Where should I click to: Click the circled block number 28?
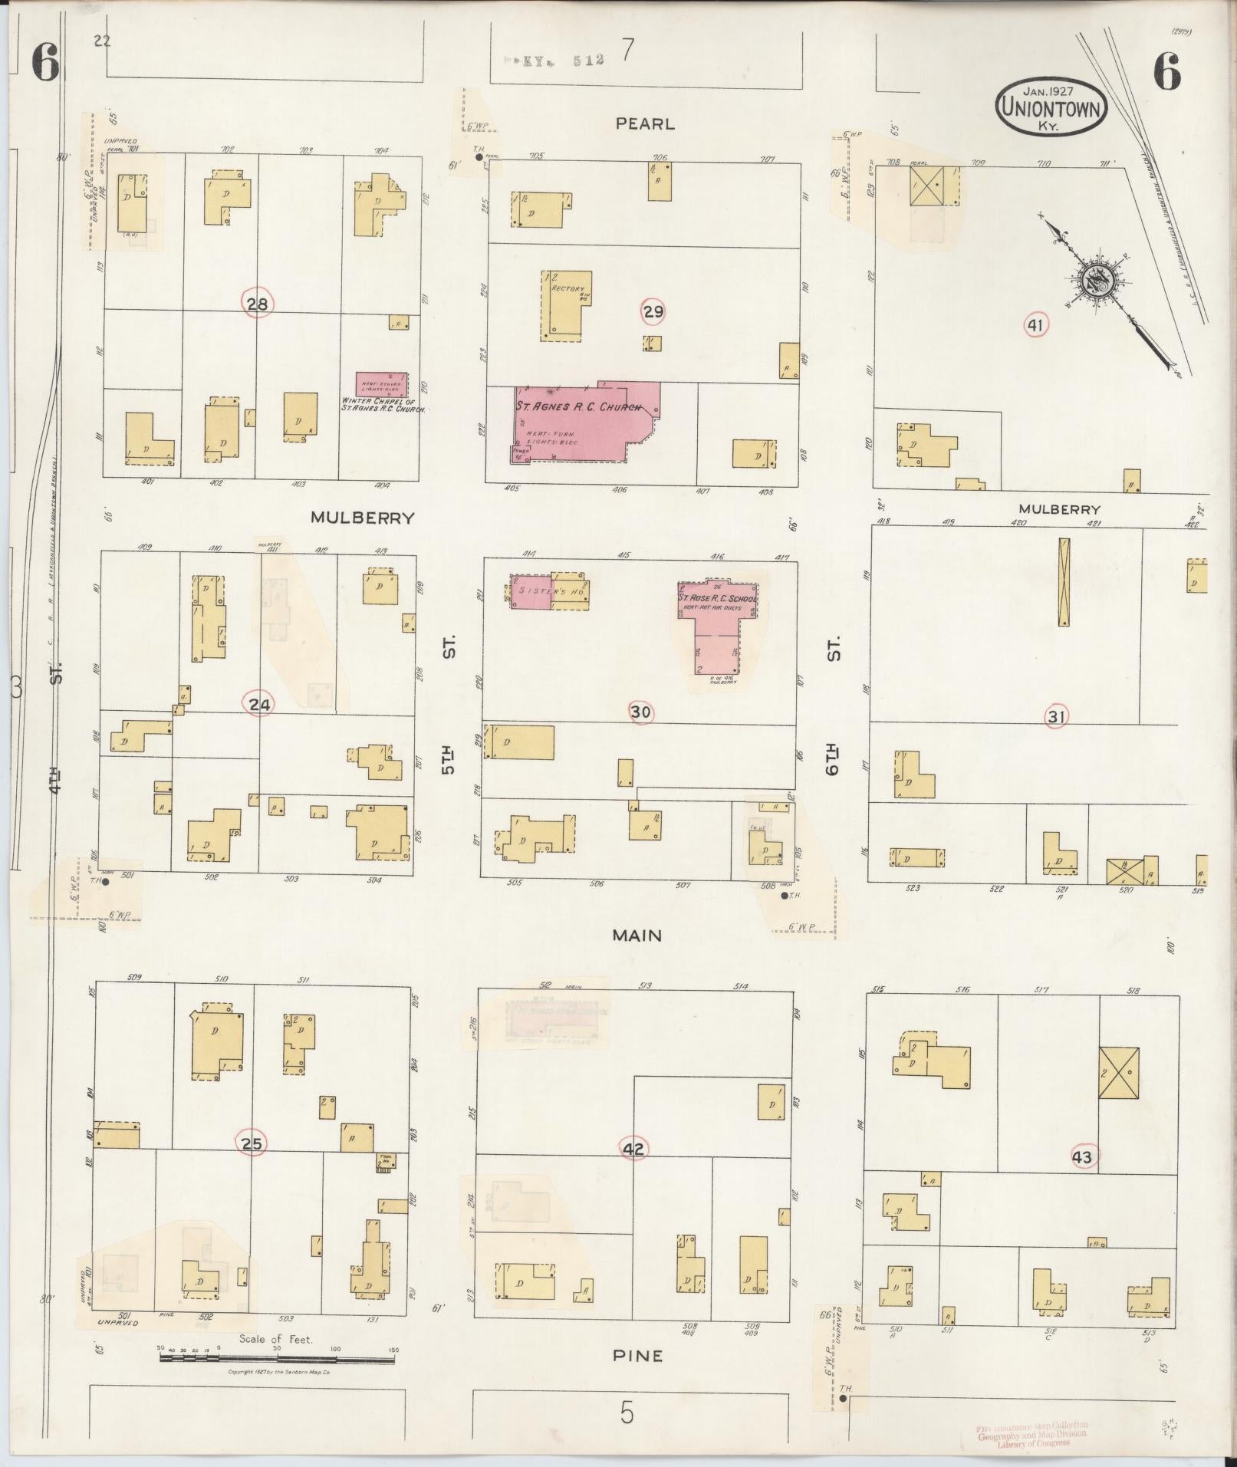257,304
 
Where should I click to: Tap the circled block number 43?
1082,1156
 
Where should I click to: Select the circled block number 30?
640,712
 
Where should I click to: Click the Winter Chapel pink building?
381,383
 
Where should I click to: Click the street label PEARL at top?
644,123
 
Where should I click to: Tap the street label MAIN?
637,936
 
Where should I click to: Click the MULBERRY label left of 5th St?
362,518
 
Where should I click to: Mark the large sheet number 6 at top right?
1165,73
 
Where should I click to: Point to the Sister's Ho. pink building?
531,592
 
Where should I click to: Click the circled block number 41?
1035,325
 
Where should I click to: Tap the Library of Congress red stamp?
1032,1434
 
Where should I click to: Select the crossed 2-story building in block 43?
1118,1073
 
